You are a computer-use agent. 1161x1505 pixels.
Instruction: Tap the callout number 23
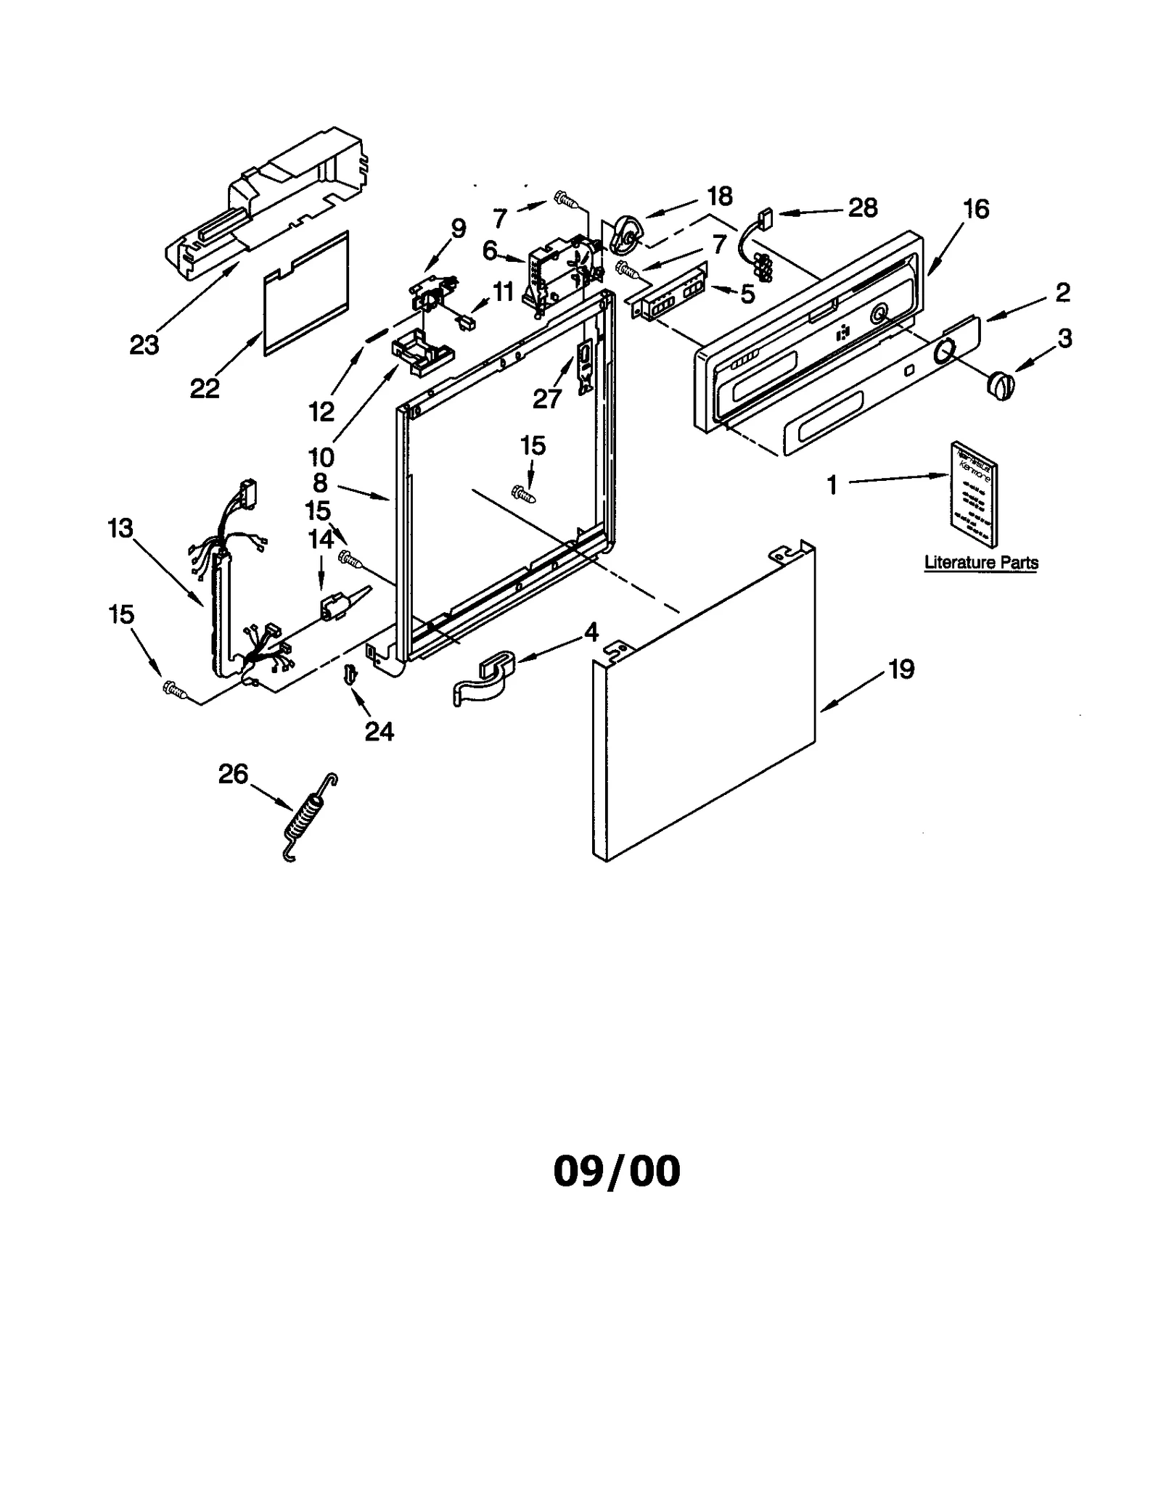point(144,345)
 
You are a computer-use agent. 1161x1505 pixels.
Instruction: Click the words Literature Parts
point(981,562)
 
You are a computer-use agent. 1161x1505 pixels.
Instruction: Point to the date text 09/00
point(617,1171)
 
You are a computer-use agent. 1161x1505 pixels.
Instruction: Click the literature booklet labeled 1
point(974,493)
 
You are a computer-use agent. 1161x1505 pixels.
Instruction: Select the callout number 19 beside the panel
point(901,669)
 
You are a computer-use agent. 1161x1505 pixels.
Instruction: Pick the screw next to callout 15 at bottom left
point(174,688)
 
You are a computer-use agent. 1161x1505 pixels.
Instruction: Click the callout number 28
point(862,208)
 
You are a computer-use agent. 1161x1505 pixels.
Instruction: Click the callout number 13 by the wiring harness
point(120,528)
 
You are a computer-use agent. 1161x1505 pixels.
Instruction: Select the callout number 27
point(547,398)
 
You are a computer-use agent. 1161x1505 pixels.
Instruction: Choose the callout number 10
point(321,457)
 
